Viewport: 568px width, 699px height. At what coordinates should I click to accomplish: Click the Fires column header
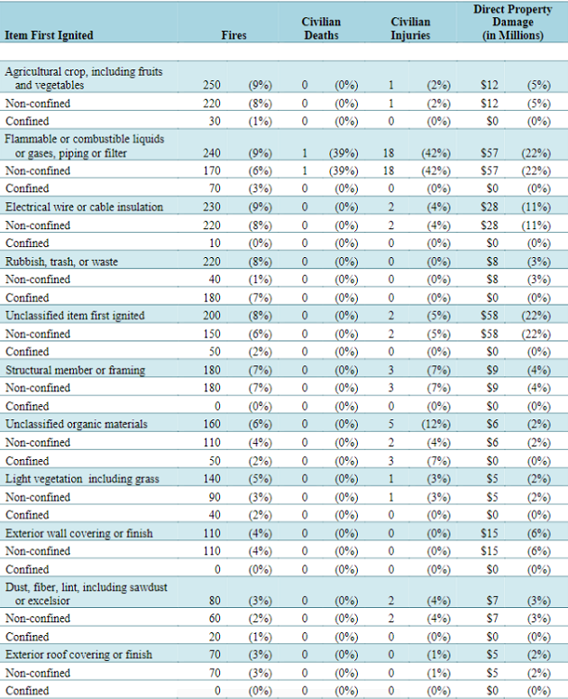click(234, 35)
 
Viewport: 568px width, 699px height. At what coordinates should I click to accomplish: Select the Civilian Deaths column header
click(321, 29)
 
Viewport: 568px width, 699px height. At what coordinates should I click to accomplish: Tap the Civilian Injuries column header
click(410, 29)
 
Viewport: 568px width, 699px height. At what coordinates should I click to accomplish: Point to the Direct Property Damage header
click(513, 23)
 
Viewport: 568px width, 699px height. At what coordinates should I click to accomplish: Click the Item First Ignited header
click(49, 35)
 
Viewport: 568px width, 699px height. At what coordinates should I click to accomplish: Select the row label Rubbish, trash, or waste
click(61, 262)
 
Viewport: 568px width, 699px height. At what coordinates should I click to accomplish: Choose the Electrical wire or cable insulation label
click(84, 207)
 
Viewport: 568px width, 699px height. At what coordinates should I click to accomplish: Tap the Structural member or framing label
click(76, 371)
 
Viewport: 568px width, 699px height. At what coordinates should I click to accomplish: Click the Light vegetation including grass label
click(82, 479)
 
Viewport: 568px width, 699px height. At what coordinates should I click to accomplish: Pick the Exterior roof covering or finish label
click(78, 655)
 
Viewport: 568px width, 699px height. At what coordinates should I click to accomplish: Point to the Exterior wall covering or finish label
click(78, 534)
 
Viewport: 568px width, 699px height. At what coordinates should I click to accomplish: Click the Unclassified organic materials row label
click(76, 425)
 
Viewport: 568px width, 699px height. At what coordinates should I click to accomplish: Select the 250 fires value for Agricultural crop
click(212, 85)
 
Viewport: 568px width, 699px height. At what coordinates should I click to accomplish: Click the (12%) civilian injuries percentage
click(435, 425)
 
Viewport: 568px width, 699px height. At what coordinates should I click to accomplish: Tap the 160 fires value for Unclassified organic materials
click(212, 424)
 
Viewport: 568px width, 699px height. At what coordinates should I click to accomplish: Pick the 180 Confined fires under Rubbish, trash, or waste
click(212, 298)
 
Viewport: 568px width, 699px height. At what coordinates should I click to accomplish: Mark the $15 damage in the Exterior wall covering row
click(490, 534)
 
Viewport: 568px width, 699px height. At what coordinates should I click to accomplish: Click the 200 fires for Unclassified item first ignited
click(212, 316)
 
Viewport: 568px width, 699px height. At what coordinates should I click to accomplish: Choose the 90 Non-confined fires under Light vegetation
click(215, 498)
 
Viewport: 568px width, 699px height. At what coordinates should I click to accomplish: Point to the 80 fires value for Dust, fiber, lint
click(215, 601)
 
